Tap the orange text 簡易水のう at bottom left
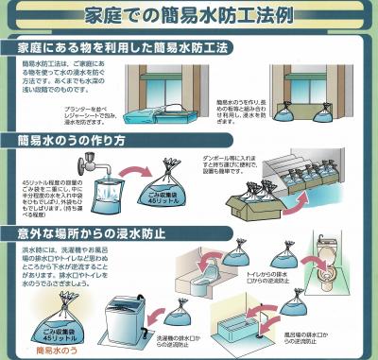pos(60,350)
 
